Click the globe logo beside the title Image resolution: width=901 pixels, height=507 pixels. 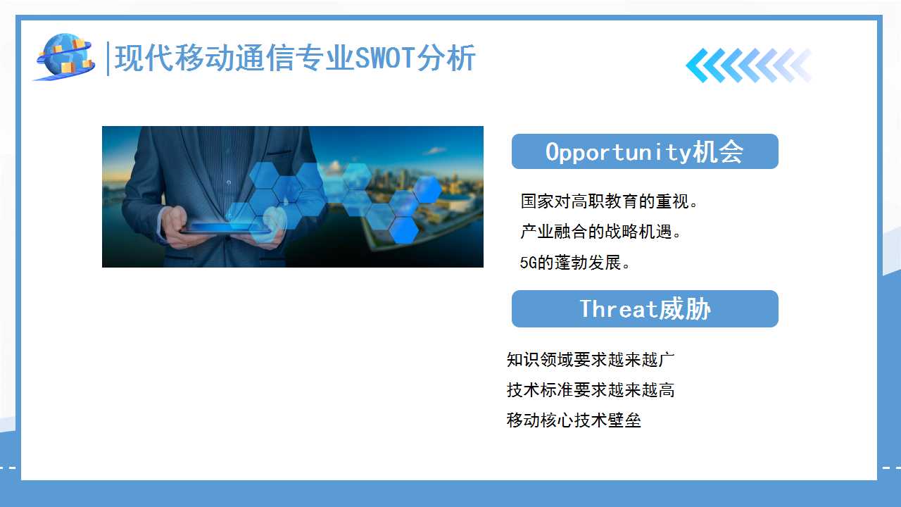[64, 57]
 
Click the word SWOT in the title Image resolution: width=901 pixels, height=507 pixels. [385, 58]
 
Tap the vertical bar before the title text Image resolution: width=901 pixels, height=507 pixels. [108, 58]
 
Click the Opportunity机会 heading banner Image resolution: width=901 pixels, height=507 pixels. [645, 151]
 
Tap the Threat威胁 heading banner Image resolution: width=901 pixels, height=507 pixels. [645, 308]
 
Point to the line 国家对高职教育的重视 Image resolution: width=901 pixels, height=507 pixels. [609, 201]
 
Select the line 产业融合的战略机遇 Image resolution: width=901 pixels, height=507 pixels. [600, 232]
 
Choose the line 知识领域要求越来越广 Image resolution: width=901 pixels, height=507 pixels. [591, 359]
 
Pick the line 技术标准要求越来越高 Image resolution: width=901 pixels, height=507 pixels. [591, 389]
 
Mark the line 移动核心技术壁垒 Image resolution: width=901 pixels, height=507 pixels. [574, 420]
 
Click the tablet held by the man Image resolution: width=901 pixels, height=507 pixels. [226, 229]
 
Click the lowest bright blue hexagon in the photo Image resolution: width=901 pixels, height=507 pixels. [403, 230]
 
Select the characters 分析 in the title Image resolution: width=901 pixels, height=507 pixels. [446, 58]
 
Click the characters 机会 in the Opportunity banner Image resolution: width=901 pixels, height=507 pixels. [719, 152]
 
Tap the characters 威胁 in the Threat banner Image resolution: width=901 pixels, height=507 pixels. [686, 309]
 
